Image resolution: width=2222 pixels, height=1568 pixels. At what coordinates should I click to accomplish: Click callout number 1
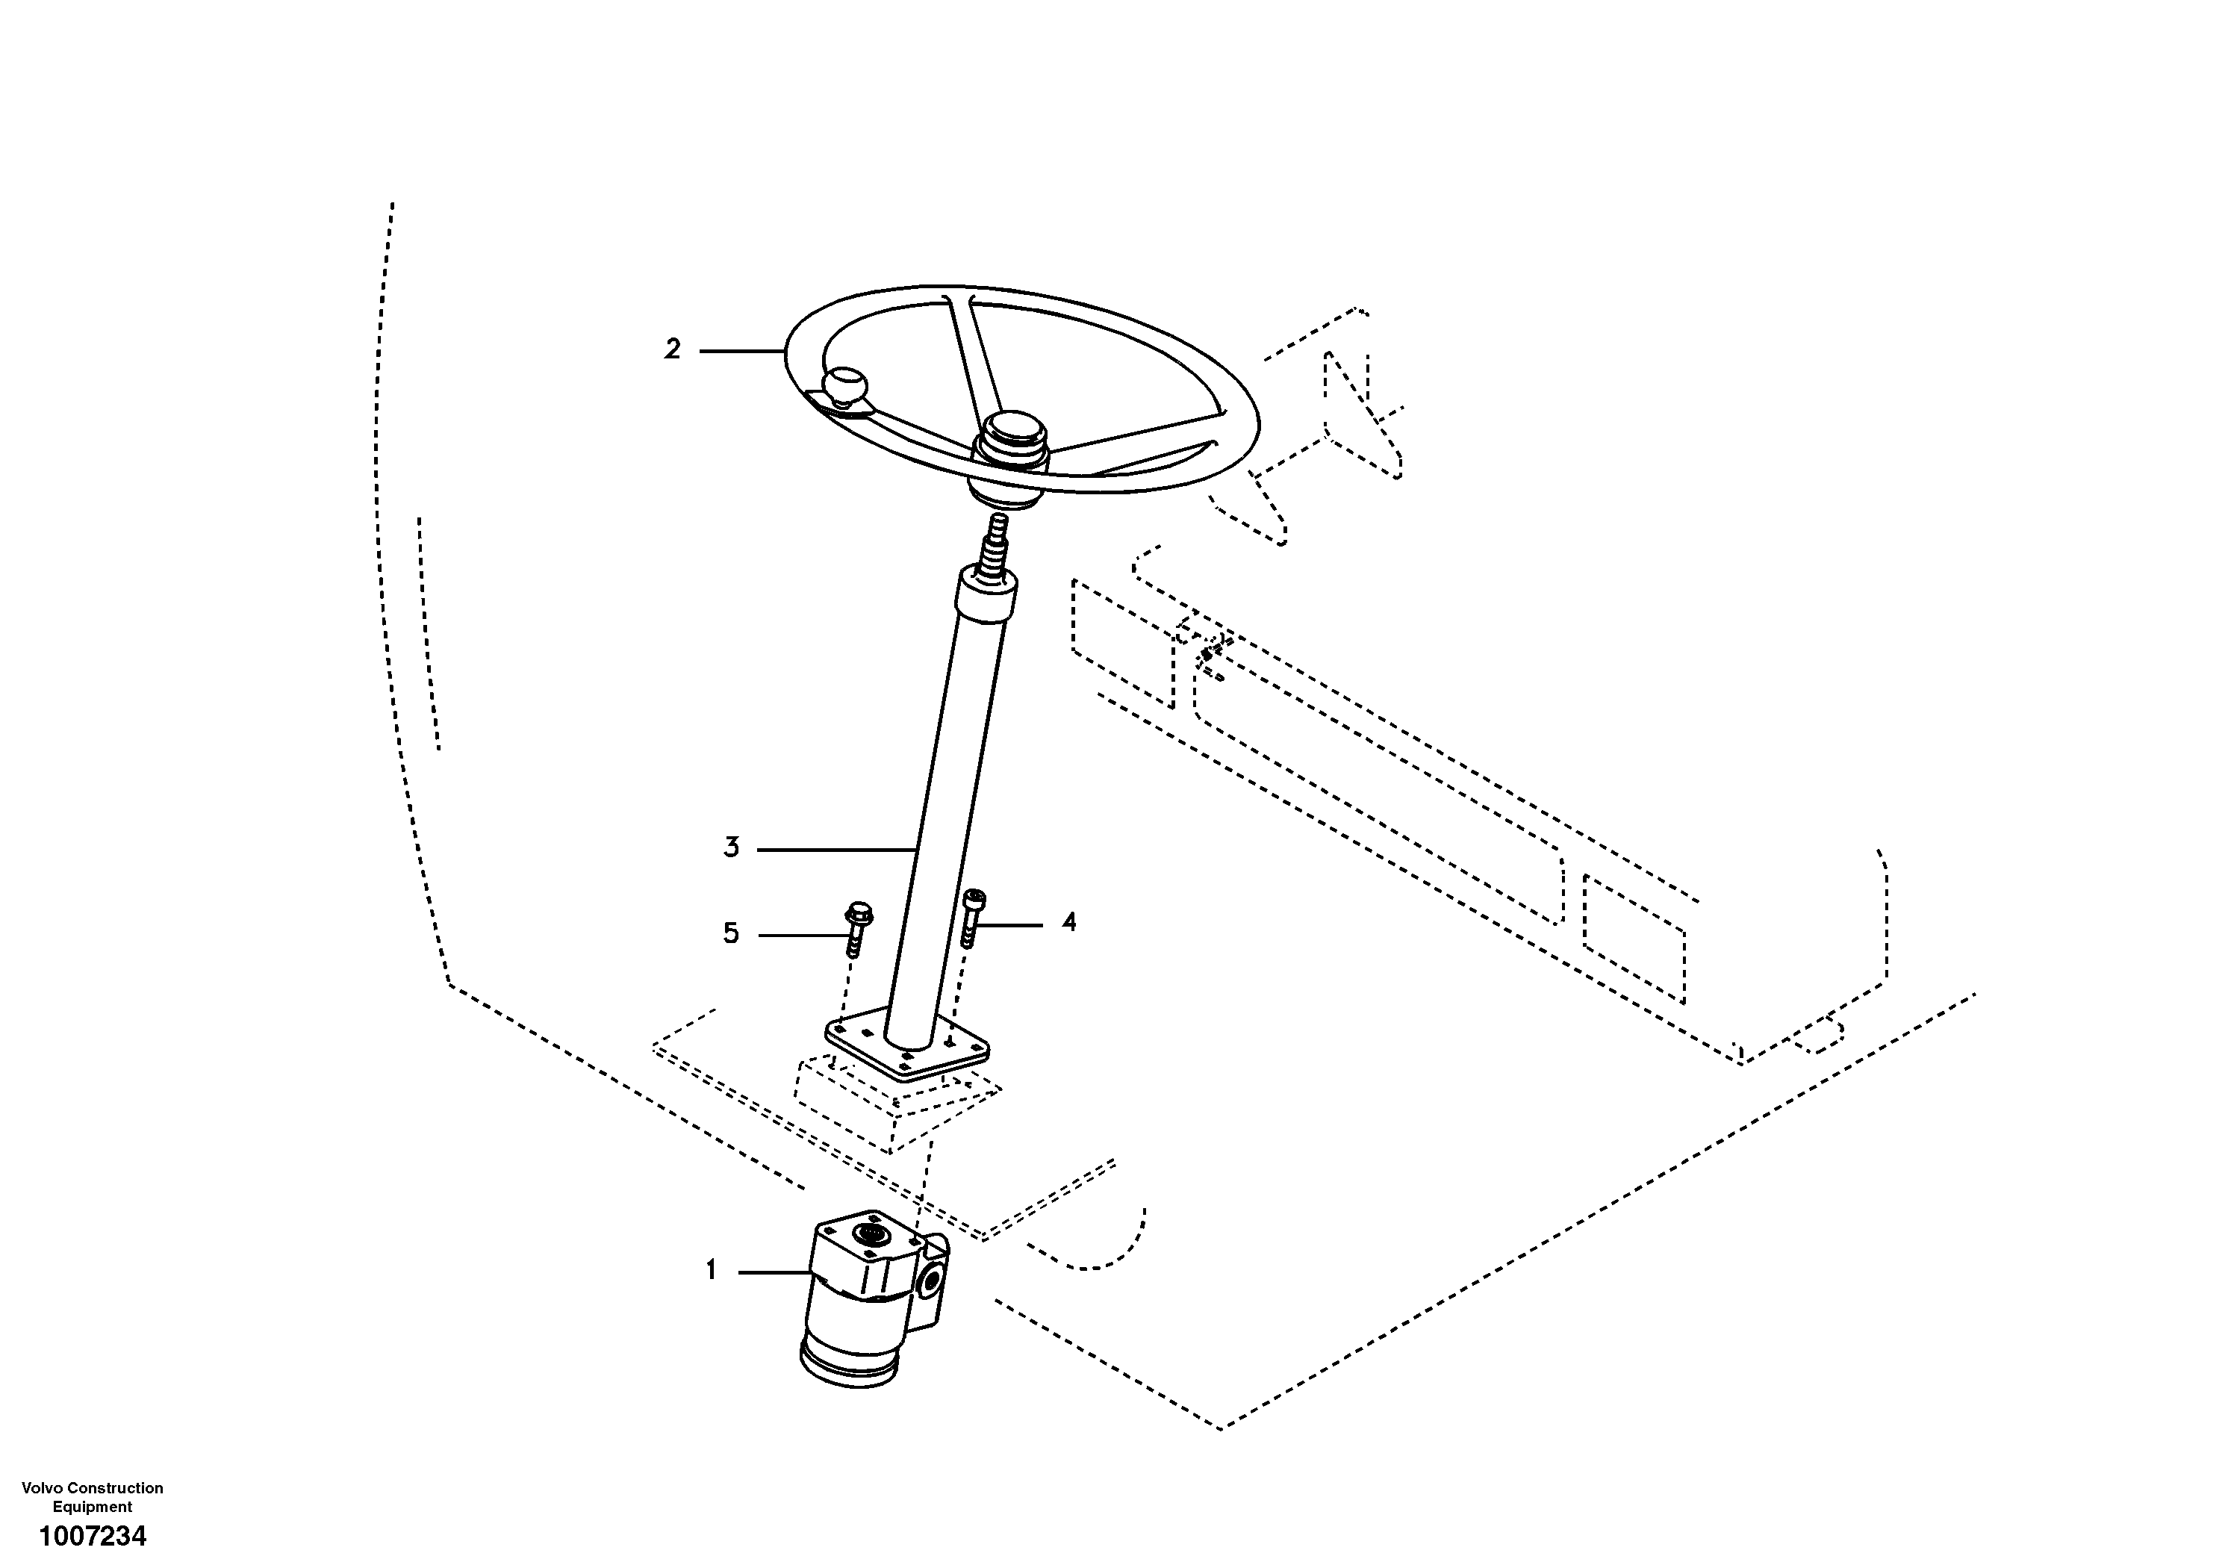point(712,1270)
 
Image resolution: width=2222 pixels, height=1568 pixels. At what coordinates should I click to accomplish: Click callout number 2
point(673,349)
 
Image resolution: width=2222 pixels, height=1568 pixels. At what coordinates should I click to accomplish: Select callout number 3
point(732,848)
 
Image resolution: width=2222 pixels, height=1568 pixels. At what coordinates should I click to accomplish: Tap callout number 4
point(1068,922)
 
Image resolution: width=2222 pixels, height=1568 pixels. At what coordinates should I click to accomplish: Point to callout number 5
point(731,933)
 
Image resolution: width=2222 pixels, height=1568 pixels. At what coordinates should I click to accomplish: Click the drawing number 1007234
point(93,1535)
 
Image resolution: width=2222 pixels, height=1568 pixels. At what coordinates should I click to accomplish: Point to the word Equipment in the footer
point(93,1506)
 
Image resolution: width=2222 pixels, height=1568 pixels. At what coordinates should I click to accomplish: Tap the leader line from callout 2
point(741,350)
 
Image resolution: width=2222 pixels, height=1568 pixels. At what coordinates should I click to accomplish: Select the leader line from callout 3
point(837,850)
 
